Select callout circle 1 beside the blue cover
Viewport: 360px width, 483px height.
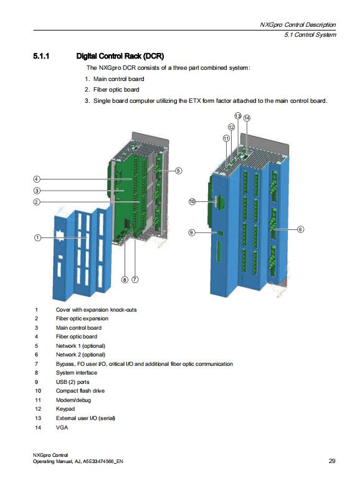(x=37, y=238)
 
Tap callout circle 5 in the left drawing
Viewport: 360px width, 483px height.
(x=178, y=170)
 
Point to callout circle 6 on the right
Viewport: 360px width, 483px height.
(x=300, y=229)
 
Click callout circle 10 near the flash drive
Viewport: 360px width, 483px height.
(x=192, y=201)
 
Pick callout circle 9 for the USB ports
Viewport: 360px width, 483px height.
(x=192, y=232)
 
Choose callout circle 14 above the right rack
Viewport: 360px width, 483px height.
(x=247, y=118)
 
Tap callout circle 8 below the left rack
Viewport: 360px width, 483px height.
(x=125, y=280)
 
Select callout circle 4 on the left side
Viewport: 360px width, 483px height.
(x=37, y=179)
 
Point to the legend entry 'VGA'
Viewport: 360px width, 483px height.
(x=62, y=427)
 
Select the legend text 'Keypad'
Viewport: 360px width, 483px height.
(x=65, y=409)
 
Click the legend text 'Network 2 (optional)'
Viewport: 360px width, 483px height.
(x=80, y=354)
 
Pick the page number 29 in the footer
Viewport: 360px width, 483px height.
(x=332, y=461)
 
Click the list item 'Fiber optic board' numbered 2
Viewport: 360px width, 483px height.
(x=116, y=90)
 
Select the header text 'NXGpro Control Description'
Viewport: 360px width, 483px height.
(x=298, y=25)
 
